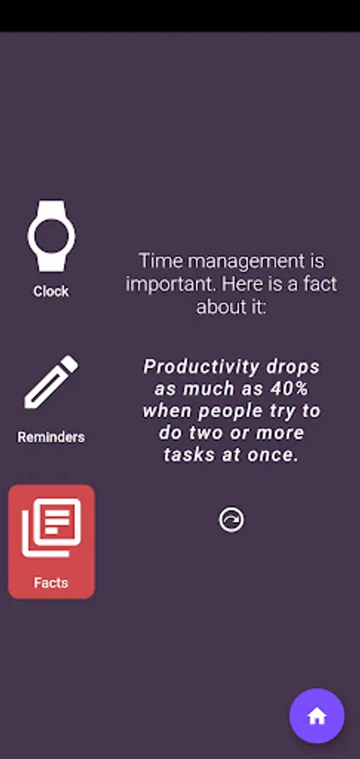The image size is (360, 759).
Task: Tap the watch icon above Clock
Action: (x=51, y=236)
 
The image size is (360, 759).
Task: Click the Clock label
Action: (x=51, y=292)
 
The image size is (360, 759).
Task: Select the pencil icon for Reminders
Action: (x=51, y=382)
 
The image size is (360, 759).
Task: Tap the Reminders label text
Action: (x=51, y=437)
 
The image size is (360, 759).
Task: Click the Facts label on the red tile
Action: (x=51, y=582)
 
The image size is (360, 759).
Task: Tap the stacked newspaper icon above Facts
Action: (x=51, y=528)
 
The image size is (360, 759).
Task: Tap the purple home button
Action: (x=317, y=716)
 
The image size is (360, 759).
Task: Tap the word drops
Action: (x=293, y=367)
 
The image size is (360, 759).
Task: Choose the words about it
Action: (x=231, y=306)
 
